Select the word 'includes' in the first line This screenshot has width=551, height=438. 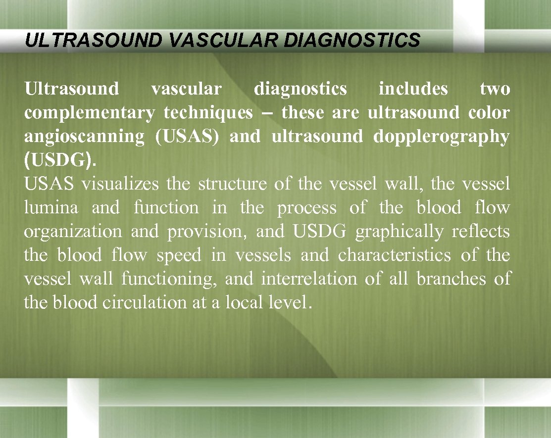pyautogui.click(x=413, y=89)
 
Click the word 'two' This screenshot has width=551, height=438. pyautogui.click(x=495, y=89)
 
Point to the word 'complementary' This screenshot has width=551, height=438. pyautogui.click(x=90, y=113)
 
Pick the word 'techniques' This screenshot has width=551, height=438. pyautogui.click(x=208, y=113)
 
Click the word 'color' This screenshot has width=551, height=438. pyautogui.click(x=489, y=113)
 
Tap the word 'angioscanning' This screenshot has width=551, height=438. pyautogui.click(x=84, y=137)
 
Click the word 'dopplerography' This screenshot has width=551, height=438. pyautogui.click(x=441, y=137)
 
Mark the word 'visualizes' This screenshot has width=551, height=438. pyautogui.click(x=120, y=184)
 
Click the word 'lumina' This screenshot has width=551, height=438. pyautogui.click(x=51, y=208)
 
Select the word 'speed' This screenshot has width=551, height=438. pyautogui.click(x=179, y=255)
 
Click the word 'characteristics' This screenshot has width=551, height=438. pyautogui.click(x=395, y=255)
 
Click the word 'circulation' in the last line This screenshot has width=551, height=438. pyautogui.click(x=144, y=303)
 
